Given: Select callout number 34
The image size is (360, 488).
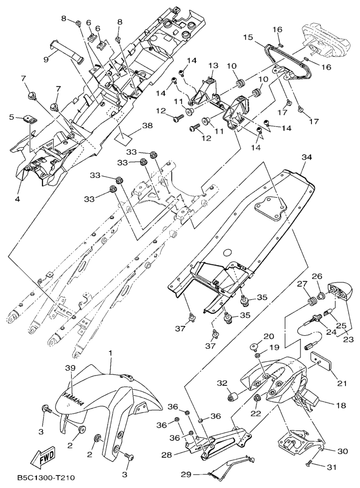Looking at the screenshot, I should coord(306,158).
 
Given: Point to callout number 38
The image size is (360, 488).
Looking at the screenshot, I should coord(147,126).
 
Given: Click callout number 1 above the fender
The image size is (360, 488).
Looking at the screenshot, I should coord(111,353).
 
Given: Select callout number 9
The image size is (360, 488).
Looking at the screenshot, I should coord(46,59).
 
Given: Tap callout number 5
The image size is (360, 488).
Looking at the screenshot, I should coord(11,117).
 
